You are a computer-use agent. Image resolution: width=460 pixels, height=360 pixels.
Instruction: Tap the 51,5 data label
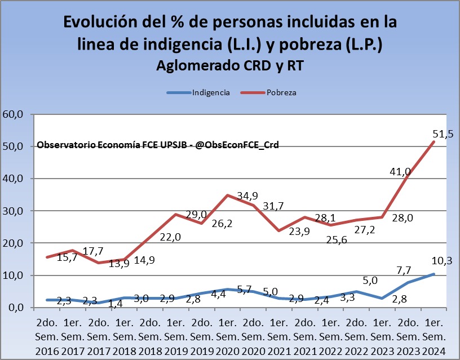[x=442, y=134]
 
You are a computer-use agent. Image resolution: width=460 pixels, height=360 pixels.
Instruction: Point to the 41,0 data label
[x=400, y=172]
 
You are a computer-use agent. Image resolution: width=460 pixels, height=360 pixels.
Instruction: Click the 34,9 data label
[x=246, y=195]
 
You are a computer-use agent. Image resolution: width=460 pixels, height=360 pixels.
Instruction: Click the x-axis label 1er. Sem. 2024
[x=434, y=336]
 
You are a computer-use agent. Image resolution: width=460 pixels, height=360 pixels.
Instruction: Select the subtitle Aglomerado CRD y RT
[x=229, y=65]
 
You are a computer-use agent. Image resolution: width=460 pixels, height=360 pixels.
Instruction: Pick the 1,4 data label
[x=116, y=305]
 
